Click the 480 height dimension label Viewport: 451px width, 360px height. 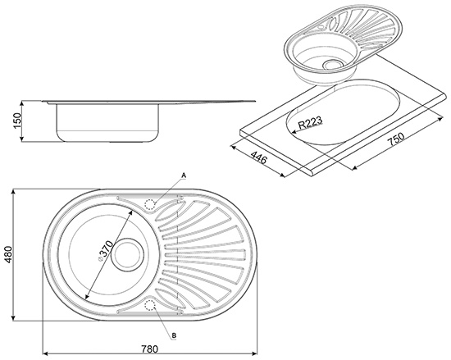[9, 254]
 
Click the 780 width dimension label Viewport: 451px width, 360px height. [149, 349]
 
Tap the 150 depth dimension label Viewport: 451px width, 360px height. [17, 121]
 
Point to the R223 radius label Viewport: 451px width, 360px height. [310, 122]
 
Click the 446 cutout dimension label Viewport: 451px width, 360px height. [258, 157]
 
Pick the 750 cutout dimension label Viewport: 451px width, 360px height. [396, 139]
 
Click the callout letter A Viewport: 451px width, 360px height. [184, 175]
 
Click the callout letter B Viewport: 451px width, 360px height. [174, 335]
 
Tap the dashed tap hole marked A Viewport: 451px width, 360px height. [149, 204]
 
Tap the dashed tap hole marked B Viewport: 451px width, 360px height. [149, 305]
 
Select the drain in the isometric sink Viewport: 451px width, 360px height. [333, 64]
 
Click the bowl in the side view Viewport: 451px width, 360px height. [107, 123]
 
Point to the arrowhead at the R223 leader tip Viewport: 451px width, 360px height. [294, 132]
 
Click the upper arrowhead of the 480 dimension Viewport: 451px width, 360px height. [13, 192]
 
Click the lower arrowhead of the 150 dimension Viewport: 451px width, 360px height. [22, 139]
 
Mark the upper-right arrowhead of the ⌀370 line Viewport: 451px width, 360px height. [130, 212]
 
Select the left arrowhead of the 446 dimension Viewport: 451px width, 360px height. [234, 148]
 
